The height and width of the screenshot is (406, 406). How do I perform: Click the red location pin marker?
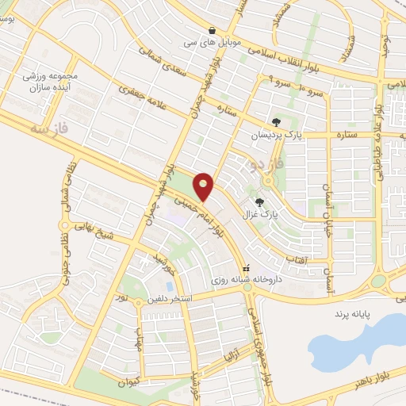click(x=204, y=186)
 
